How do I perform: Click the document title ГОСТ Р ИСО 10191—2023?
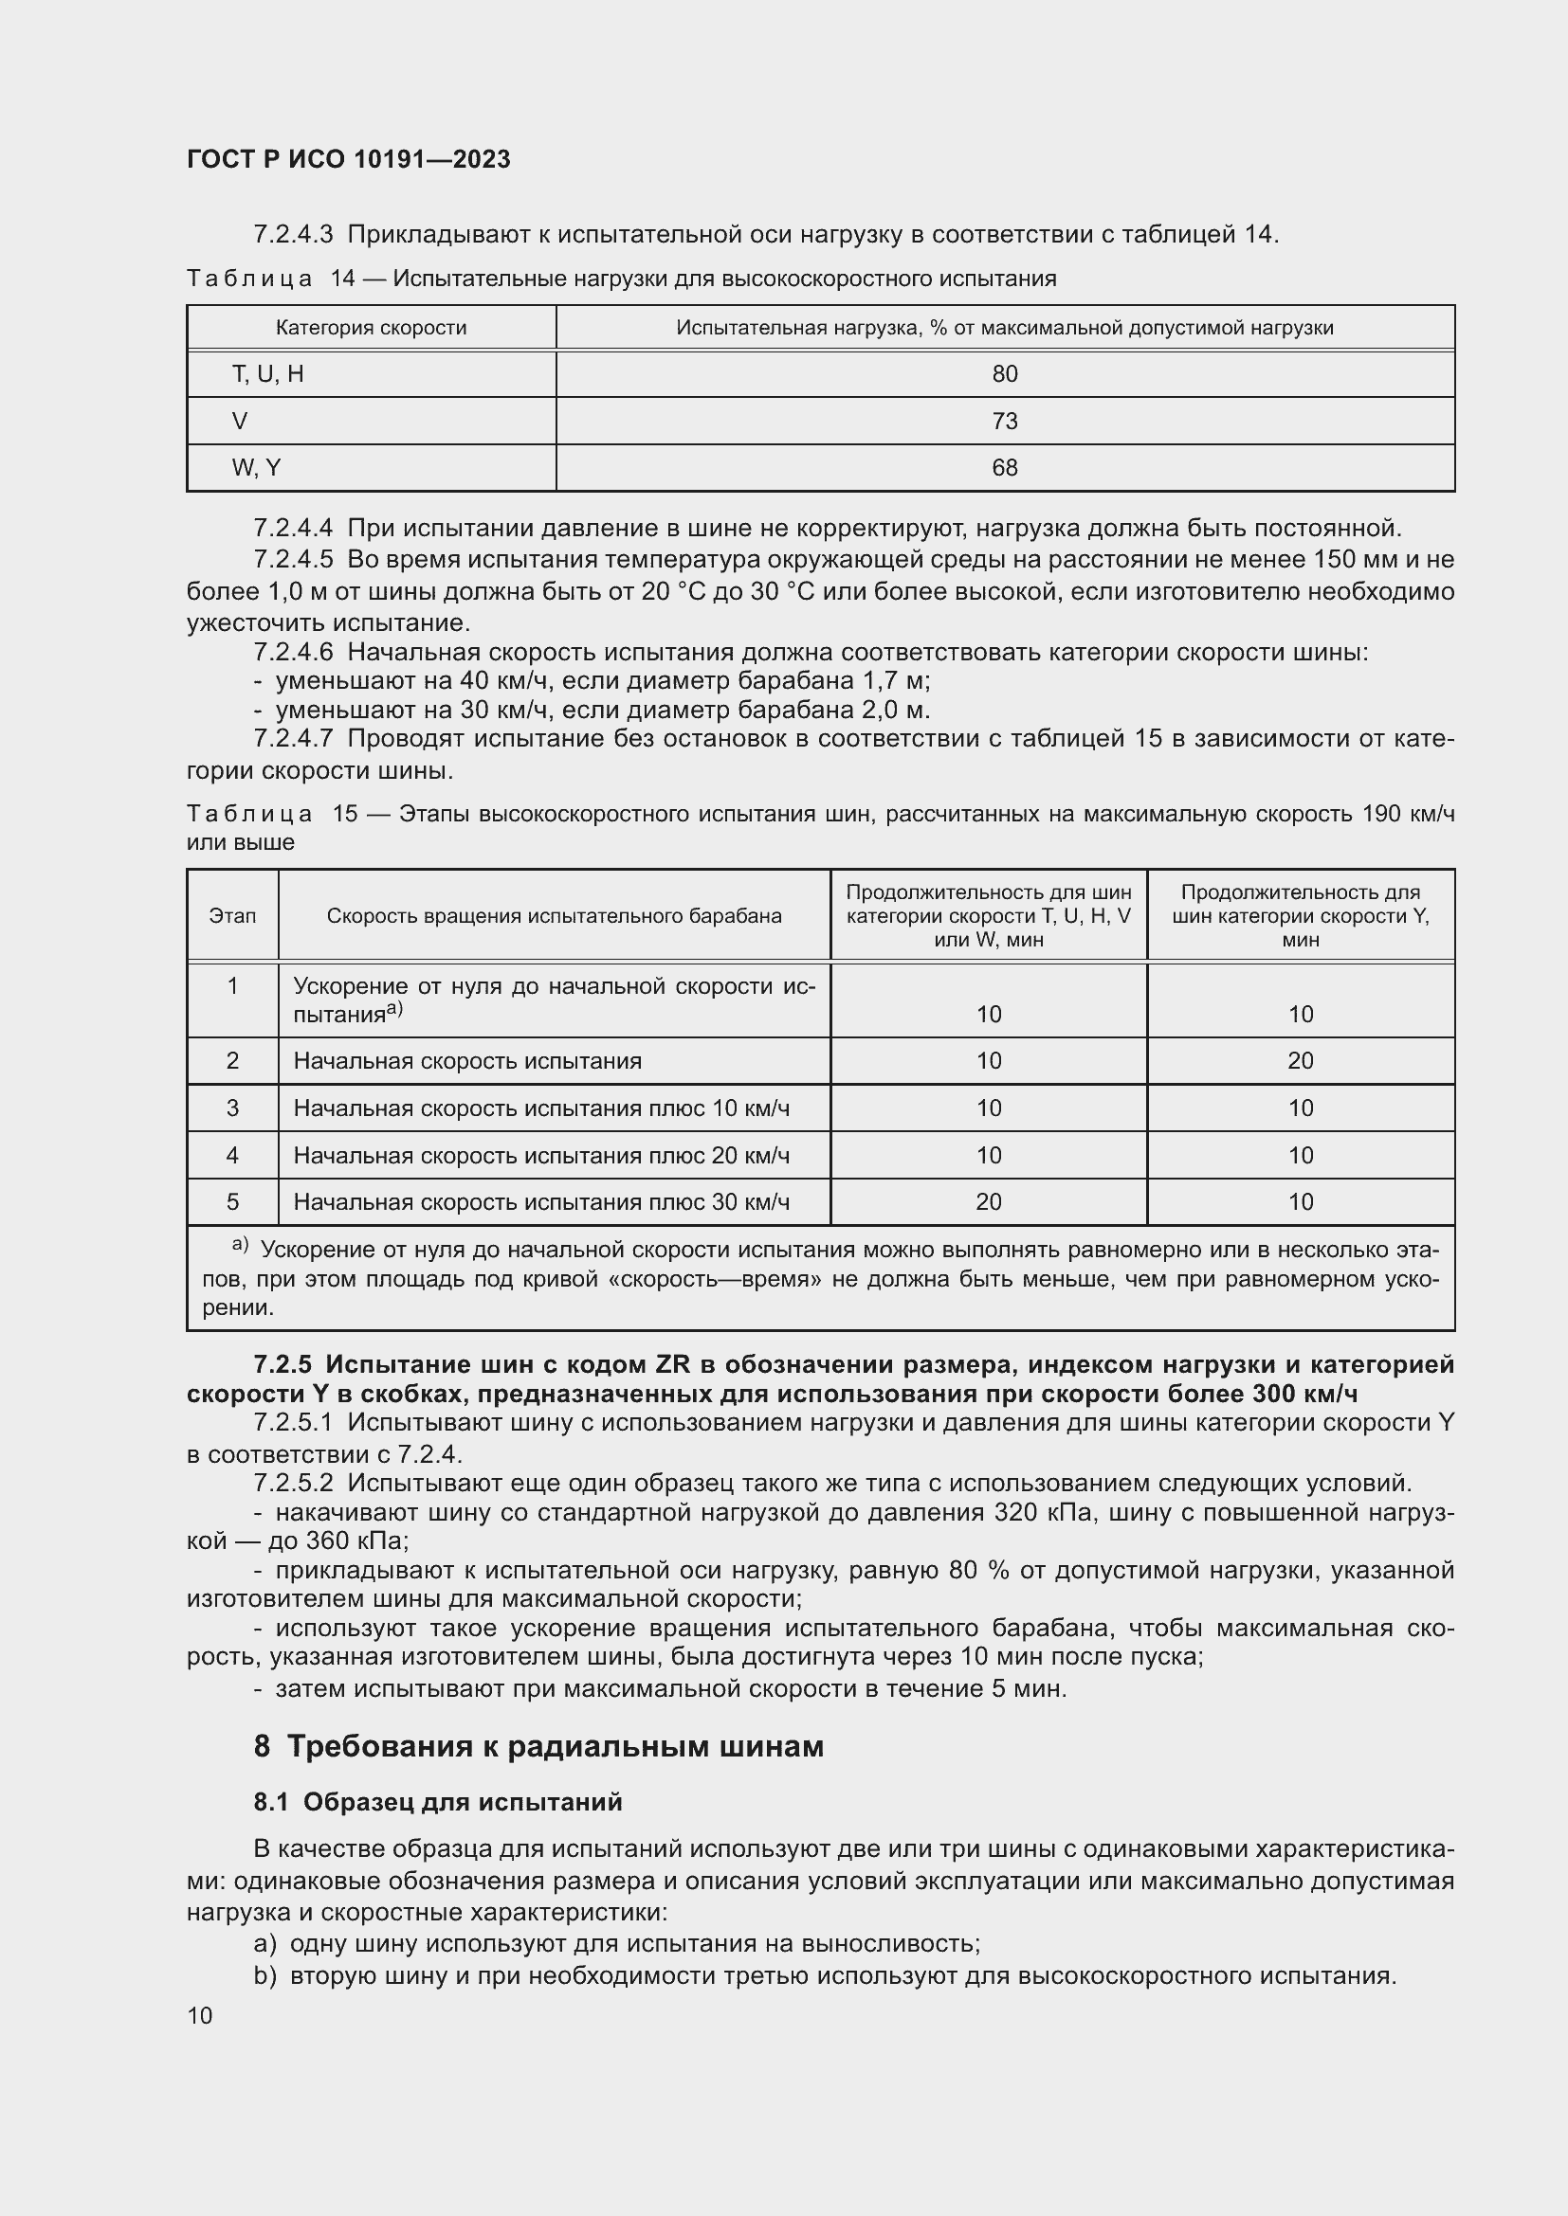pyautogui.click(x=348, y=160)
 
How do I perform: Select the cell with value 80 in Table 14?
pyautogui.click(x=1004, y=374)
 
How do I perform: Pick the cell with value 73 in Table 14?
pyautogui.click(x=1004, y=422)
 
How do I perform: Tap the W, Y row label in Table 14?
pyautogui.click(x=256, y=468)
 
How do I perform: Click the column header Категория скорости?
pyautogui.click(x=371, y=328)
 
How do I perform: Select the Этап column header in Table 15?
pyautogui.click(x=232, y=916)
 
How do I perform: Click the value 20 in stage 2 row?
pyautogui.click(x=1300, y=1062)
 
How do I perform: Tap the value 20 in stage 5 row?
pyautogui.click(x=988, y=1202)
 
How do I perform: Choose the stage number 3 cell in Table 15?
pyautogui.click(x=232, y=1109)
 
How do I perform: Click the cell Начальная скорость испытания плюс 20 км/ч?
pyautogui.click(x=540, y=1156)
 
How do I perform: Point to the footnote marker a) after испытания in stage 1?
pyautogui.click(x=394, y=1010)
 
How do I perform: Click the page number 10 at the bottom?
pyautogui.click(x=200, y=2016)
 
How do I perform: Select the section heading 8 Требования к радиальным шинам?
pyautogui.click(x=538, y=1747)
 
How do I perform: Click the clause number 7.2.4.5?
pyautogui.click(x=293, y=561)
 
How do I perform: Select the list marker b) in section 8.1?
pyautogui.click(x=264, y=1975)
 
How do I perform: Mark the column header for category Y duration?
pyautogui.click(x=1300, y=916)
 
